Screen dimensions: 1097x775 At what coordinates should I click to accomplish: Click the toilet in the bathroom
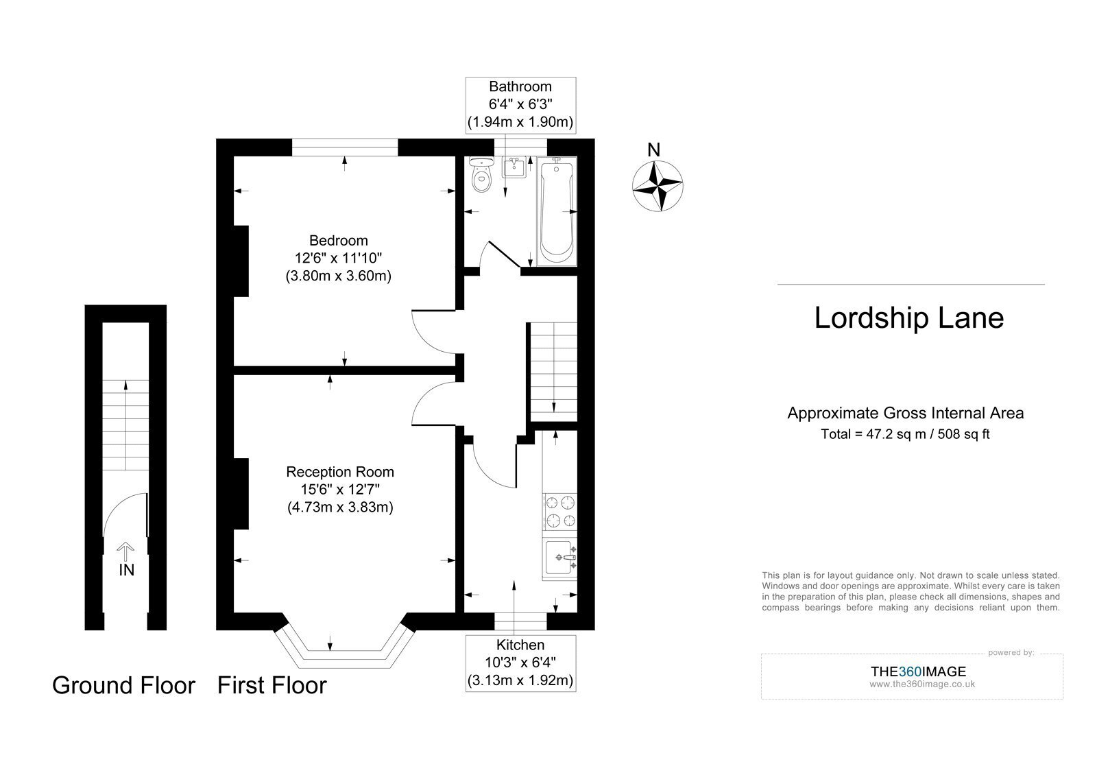point(482,174)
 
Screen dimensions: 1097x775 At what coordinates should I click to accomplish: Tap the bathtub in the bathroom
point(557,211)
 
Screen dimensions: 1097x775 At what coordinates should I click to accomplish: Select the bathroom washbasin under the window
point(514,167)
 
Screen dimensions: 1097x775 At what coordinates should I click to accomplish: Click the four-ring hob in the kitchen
point(560,512)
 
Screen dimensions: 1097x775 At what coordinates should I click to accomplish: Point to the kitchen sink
point(559,558)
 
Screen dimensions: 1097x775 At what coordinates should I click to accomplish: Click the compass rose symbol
point(658,186)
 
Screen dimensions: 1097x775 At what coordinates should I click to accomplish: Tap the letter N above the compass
point(654,150)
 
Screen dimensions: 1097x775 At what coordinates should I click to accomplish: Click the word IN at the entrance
point(126,570)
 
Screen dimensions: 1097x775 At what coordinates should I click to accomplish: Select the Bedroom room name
point(339,241)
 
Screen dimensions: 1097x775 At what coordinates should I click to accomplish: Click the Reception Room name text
point(340,472)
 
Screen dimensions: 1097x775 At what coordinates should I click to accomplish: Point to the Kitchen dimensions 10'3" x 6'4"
point(520,663)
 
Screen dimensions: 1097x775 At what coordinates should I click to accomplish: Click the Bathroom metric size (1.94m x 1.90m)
point(520,121)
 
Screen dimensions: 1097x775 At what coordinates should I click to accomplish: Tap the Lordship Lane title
point(909,318)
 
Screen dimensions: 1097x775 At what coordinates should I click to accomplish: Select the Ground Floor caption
point(123,685)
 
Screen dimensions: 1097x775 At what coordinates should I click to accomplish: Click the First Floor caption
point(272,685)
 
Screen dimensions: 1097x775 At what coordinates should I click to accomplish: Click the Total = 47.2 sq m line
point(905,434)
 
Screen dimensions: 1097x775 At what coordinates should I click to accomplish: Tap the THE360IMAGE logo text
point(918,671)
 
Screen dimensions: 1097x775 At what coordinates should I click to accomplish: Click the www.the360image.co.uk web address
point(922,684)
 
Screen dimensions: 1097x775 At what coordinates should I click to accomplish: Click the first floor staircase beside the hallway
point(554,371)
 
